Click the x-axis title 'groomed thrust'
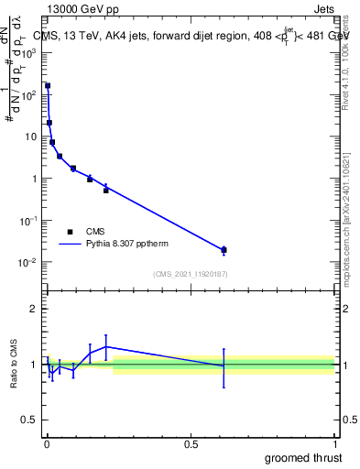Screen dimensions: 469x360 [303, 456]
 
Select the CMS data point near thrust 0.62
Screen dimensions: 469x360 [224, 249]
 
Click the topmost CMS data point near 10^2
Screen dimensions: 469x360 [48, 86]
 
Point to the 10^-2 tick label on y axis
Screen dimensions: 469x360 [28, 263]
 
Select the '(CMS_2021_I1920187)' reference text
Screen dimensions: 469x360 [190, 273]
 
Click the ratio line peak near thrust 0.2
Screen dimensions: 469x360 [106, 346]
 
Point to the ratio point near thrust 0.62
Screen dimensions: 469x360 [224, 365]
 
